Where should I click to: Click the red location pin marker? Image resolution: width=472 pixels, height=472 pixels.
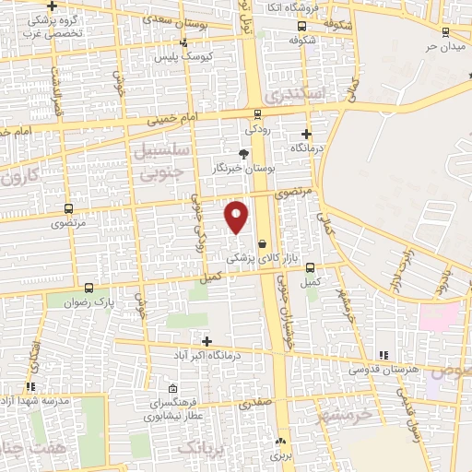coord(237,216)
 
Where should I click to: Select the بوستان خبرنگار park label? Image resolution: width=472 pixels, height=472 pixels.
coord(244,169)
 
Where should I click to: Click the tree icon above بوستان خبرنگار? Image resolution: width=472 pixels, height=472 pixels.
coord(244,154)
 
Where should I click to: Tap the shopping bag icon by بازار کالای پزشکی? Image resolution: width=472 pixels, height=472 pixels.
coord(263,243)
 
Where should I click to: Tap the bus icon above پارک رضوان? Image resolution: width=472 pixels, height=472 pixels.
coord(88,288)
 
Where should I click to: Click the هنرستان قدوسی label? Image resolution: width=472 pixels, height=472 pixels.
coord(382,369)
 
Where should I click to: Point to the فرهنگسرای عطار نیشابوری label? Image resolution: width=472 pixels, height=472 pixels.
coord(164,410)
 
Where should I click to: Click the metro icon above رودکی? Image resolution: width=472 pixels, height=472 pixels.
coord(257,114)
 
